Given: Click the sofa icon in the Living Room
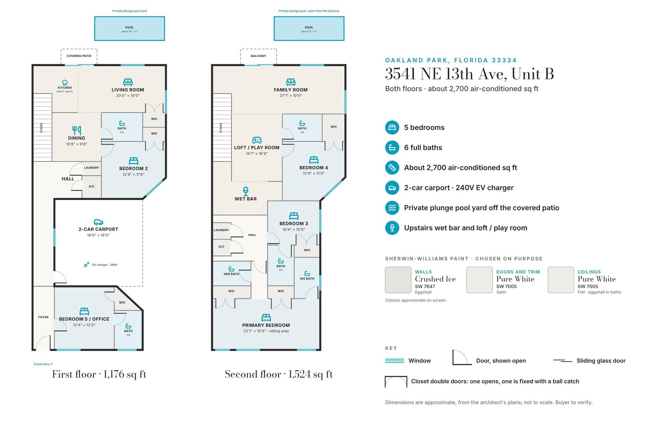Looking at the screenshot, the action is [x=128, y=82].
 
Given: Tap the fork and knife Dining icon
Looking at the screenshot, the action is [x=77, y=130].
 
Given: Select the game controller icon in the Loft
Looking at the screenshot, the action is [x=257, y=140].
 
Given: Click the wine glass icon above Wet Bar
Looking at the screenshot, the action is [x=246, y=191].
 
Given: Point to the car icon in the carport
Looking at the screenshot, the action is [x=98, y=222].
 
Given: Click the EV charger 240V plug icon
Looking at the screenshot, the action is [x=86, y=264].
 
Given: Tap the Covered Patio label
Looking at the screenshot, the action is [x=79, y=56].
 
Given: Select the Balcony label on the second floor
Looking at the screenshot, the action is [x=258, y=56].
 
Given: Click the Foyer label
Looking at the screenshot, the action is [x=43, y=317].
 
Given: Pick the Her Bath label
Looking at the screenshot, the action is [x=231, y=274].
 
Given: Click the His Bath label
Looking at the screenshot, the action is [x=307, y=279].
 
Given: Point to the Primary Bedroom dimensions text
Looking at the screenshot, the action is [x=266, y=331].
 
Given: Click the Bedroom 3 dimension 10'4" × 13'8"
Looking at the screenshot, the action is [x=294, y=230].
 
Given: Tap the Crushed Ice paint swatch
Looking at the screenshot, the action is [x=398, y=280].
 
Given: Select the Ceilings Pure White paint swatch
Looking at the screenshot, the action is [x=561, y=280].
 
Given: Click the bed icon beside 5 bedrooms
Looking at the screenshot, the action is [x=392, y=127].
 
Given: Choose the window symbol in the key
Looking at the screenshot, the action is [x=395, y=361].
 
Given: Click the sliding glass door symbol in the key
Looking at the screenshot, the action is [x=563, y=361].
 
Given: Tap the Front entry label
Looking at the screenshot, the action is [x=43, y=364].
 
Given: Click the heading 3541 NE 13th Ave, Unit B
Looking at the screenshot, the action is [x=470, y=74].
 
